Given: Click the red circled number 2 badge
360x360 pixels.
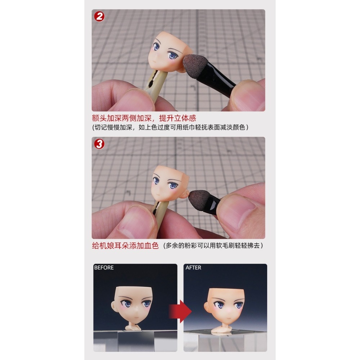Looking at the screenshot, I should point(99,17).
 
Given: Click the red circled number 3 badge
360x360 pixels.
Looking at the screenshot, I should point(99,144).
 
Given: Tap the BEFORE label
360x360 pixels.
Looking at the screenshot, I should point(104,268).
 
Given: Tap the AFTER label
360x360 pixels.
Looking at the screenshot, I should point(193,268).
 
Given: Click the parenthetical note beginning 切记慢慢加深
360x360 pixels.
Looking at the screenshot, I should point(170,127).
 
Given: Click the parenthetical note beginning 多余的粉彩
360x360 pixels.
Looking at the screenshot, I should point(213,246).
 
